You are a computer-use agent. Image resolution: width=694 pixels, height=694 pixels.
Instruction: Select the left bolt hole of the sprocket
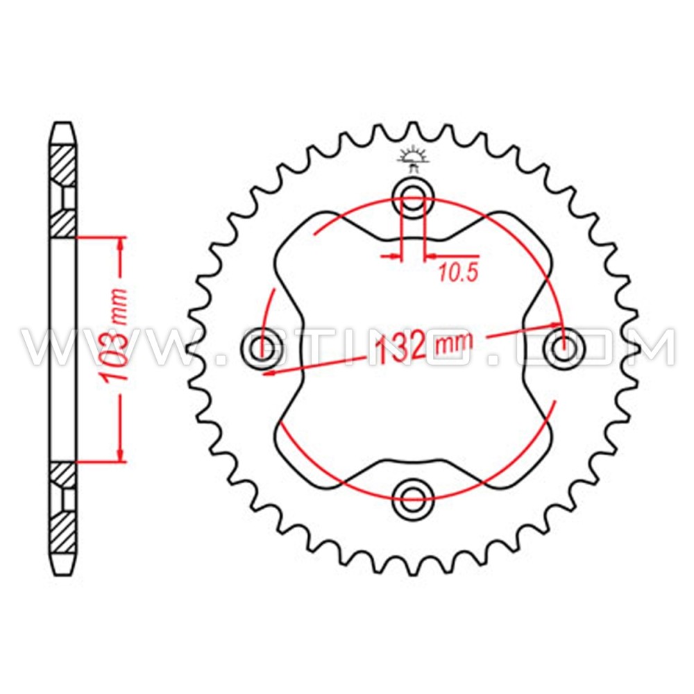[262, 345]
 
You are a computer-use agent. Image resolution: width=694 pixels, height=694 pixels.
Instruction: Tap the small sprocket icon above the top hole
[414, 158]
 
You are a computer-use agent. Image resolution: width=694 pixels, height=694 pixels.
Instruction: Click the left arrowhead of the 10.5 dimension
[395, 257]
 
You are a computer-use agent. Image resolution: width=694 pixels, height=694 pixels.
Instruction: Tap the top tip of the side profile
[62, 126]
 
